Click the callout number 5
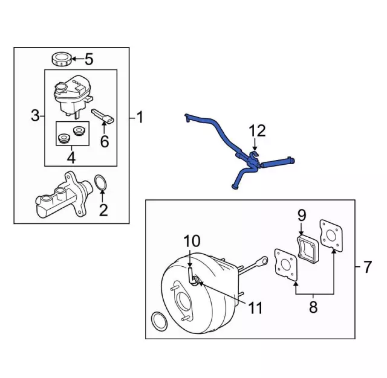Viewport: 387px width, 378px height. tap(89, 60)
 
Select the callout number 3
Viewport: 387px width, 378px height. tap(35, 116)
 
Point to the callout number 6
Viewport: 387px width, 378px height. tap(104, 141)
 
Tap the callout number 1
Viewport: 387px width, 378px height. tap(139, 117)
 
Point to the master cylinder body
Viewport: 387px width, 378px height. tap(62, 196)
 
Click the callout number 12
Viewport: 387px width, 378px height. tap(257, 131)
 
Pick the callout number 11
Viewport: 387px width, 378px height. tap(255, 308)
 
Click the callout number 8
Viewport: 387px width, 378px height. tap(313, 307)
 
